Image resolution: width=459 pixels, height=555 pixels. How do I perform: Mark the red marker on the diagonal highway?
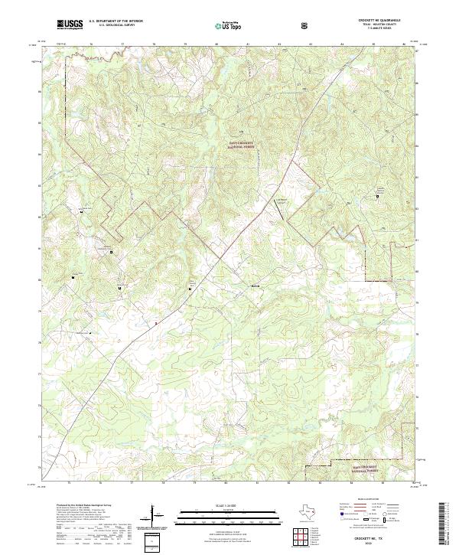pos(156,323)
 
